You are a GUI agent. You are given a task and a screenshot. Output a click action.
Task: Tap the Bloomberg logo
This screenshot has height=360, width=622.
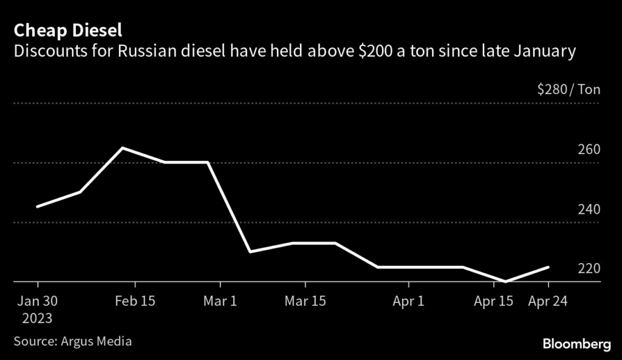point(576,344)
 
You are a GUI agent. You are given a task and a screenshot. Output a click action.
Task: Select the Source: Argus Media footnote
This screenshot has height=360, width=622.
point(73,341)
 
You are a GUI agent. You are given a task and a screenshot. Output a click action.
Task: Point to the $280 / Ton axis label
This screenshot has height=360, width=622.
point(569,90)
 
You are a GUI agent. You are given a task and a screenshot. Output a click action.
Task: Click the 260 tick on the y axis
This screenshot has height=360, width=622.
point(588,150)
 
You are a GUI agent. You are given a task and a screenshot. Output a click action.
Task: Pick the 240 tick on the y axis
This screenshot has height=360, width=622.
point(588,209)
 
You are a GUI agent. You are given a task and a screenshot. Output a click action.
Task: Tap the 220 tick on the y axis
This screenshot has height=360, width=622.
point(588,269)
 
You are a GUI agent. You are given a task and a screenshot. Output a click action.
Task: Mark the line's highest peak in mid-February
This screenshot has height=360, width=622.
point(123,148)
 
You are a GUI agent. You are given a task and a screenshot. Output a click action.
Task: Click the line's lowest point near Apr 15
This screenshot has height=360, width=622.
point(506,282)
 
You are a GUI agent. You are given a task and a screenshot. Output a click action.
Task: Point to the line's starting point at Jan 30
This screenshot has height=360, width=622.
point(38,207)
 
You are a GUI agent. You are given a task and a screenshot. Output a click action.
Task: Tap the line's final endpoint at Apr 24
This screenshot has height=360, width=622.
point(549,267)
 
